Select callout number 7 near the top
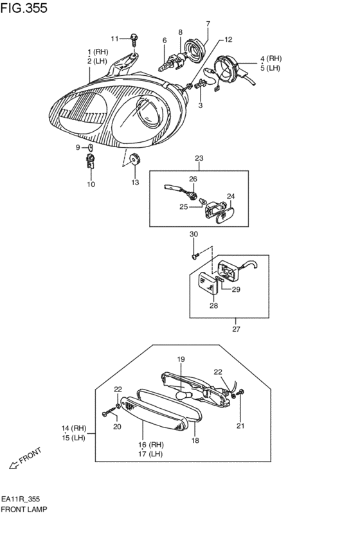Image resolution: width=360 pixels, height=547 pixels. pyautogui.click(x=208, y=24)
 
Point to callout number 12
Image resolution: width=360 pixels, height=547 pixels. pyautogui.click(x=229, y=40)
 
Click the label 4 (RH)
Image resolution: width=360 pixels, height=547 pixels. pyautogui.click(x=271, y=58)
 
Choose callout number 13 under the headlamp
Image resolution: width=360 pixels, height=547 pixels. pyautogui.click(x=135, y=183)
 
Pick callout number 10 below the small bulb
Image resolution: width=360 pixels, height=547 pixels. pyautogui.click(x=91, y=184)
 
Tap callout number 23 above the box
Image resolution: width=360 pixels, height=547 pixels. pyautogui.click(x=199, y=158)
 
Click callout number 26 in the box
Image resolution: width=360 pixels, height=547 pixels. pyautogui.click(x=193, y=179)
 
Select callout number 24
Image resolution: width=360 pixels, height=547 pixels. pyautogui.click(x=231, y=196)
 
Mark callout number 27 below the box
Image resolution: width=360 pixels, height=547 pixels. pyautogui.click(x=236, y=330)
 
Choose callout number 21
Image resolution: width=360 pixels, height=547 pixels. pyautogui.click(x=241, y=426)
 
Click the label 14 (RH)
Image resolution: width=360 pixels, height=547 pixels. pyautogui.click(x=74, y=428)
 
